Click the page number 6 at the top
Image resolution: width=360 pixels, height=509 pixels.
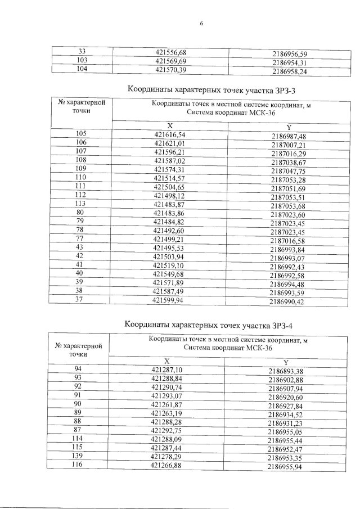click(201, 24)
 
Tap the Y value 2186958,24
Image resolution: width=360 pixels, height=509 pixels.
click(289, 72)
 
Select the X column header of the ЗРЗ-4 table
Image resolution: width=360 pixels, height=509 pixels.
click(166, 361)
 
